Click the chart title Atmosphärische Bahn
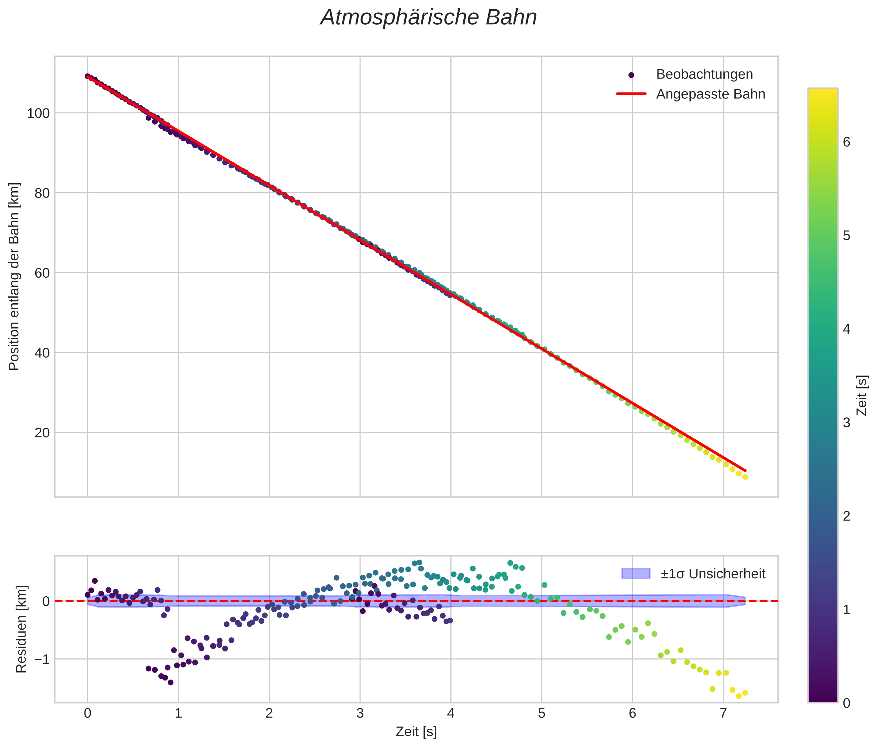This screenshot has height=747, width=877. point(428,18)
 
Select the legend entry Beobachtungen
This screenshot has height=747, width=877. point(704,75)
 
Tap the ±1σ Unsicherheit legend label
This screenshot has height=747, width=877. point(713,574)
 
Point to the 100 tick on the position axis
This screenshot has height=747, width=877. point(39,113)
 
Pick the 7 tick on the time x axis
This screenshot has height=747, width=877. point(723,714)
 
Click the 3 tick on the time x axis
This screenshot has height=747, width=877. point(360,714)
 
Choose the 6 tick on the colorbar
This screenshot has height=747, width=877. point(846,142)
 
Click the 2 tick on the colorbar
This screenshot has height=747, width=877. point(846,516)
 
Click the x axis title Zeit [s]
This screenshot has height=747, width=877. point(416,732)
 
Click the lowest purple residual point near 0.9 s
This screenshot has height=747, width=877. point(171,682)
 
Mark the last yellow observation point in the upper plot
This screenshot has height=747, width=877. point(745,477)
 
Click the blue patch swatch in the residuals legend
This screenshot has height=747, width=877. point(635,573)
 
